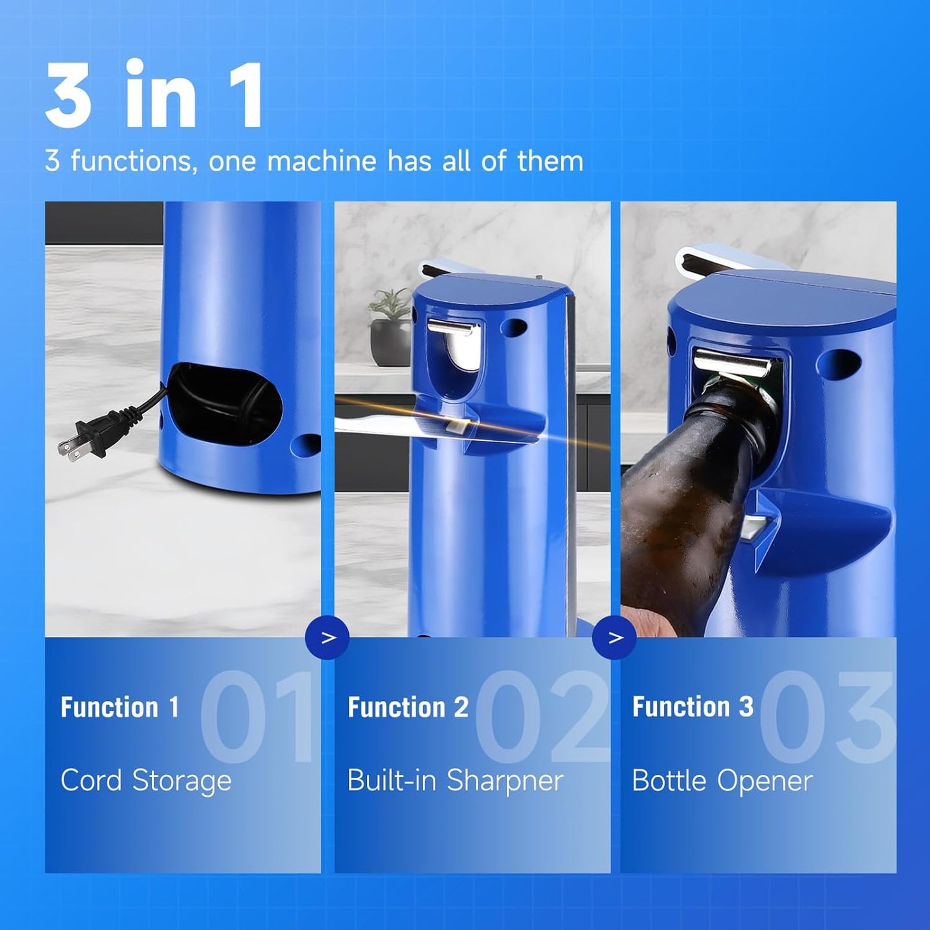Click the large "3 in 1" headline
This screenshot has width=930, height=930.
click(154, 96)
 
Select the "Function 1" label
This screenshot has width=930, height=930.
click(120, 707)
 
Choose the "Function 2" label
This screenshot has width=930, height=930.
click(408, 707)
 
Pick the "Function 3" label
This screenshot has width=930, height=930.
click(693, 707)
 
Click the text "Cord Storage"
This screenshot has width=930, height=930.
click(146, 781)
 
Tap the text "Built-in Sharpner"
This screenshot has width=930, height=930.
click(455, 781)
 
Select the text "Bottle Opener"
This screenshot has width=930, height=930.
click(722, 781)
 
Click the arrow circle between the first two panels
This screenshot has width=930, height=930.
click(328, 637)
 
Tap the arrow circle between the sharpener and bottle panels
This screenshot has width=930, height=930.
click(615, 637)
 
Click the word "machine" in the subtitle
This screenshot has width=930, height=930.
click(321, 161)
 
